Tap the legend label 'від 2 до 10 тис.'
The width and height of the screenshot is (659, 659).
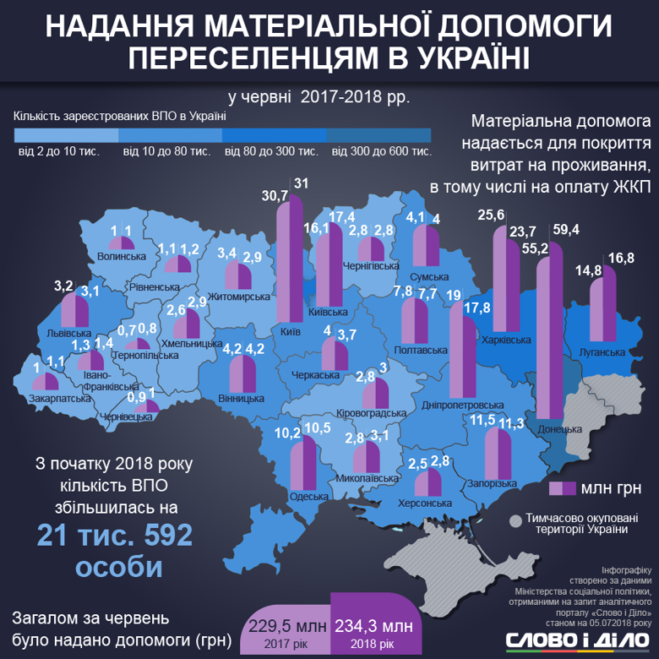click(65, 151)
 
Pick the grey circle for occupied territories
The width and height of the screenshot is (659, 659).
click(515, 521)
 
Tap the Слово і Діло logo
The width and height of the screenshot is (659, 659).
click(578, 640)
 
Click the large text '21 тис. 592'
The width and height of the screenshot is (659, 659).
click(114, 535)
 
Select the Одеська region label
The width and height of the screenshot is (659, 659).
click(308, 496)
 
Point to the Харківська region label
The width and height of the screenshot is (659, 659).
click(509, 340)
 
